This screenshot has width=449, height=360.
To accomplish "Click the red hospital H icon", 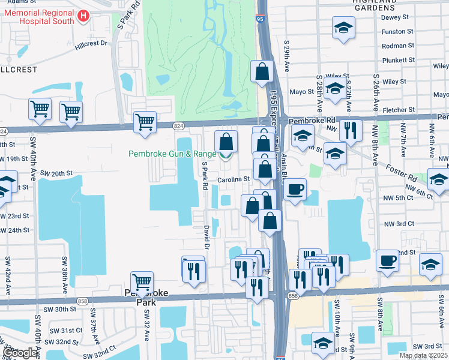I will pos(83,16).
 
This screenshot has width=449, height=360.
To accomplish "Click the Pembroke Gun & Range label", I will pos(170,154).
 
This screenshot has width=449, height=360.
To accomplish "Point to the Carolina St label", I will pos(234,179).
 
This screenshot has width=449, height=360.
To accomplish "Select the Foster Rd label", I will pos(402,170).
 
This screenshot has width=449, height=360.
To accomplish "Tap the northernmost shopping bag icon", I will pos(262,71).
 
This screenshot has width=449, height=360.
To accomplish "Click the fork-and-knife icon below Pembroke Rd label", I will pos(349,130).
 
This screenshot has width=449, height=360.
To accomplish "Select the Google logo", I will pos(19,353).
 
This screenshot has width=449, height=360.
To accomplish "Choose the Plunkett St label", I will pos(399,60).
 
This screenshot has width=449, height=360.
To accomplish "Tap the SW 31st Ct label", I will pos(66,331).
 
